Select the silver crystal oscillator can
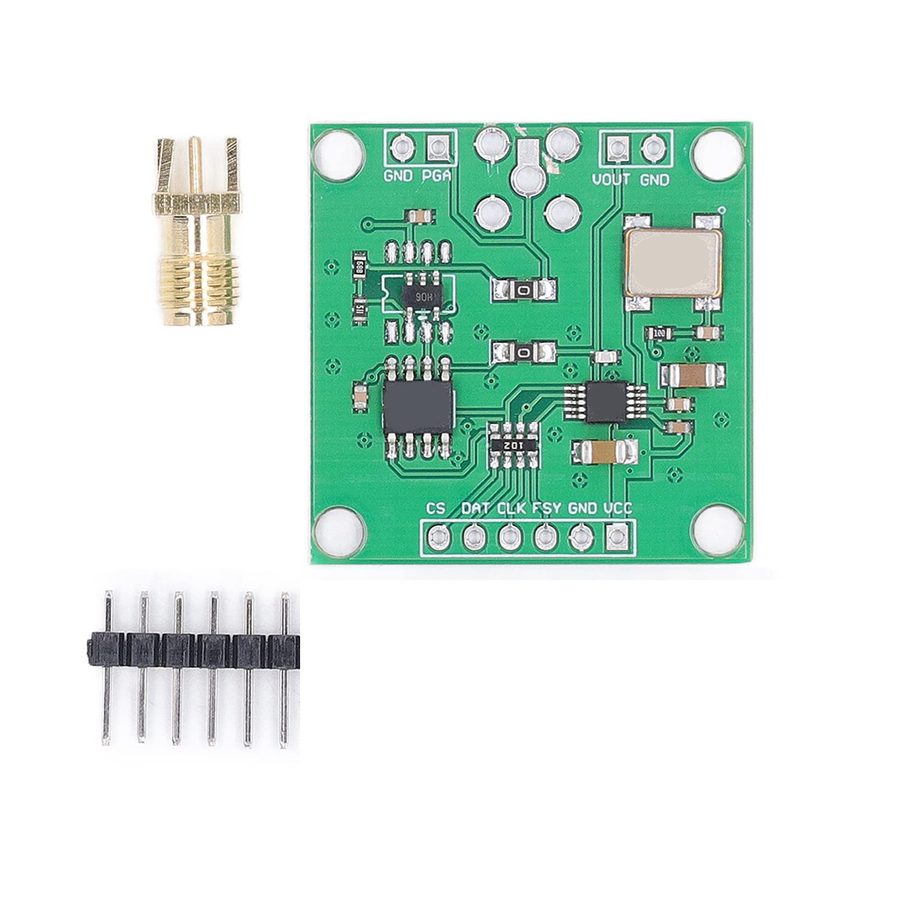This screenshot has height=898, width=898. coord(673,262)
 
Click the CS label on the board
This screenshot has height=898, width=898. coord(436,509)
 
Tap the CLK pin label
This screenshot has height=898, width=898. coord(512,509)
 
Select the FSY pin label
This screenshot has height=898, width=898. coord(546,509)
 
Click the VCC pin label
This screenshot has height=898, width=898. coord(618,509)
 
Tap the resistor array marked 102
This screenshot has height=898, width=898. coord(513,444)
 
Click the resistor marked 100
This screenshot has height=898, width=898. coord(659,334)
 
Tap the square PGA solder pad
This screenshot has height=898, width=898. coord(437,148)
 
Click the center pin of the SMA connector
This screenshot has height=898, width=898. coord(195,163)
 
